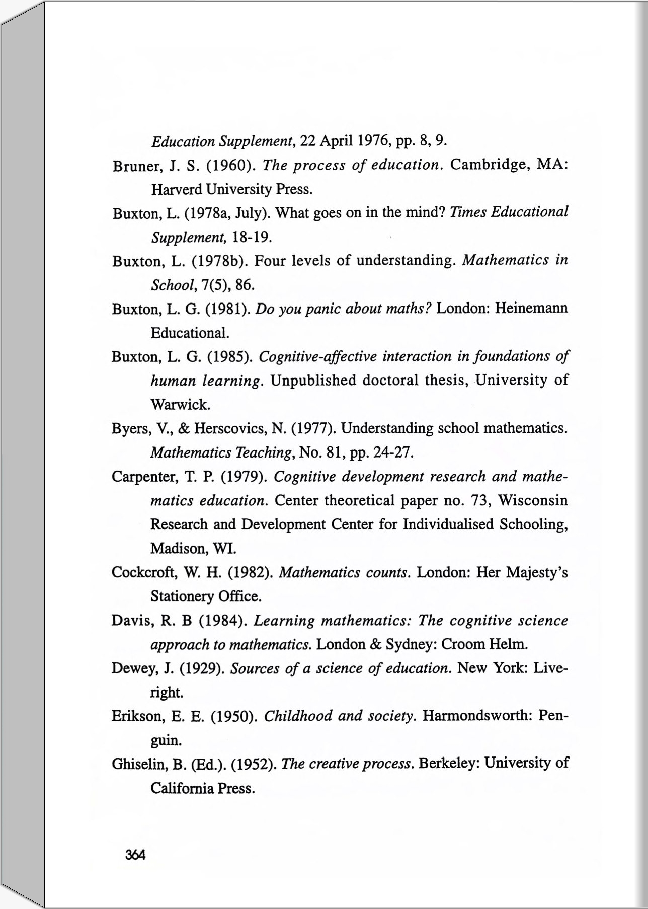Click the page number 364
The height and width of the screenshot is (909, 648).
tap(135, 855)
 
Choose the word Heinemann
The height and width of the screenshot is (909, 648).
tap(531, 308)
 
